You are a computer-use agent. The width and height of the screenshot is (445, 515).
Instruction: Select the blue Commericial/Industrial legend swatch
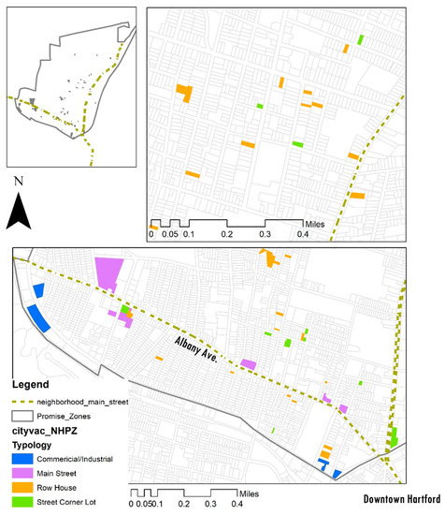pos(22,459)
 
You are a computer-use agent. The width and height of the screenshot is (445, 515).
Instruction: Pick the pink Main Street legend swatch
pos(22,473)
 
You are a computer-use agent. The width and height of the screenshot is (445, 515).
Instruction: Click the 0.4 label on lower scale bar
pos(237,505)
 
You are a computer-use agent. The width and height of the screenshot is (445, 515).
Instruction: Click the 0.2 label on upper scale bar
pos(226,234)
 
